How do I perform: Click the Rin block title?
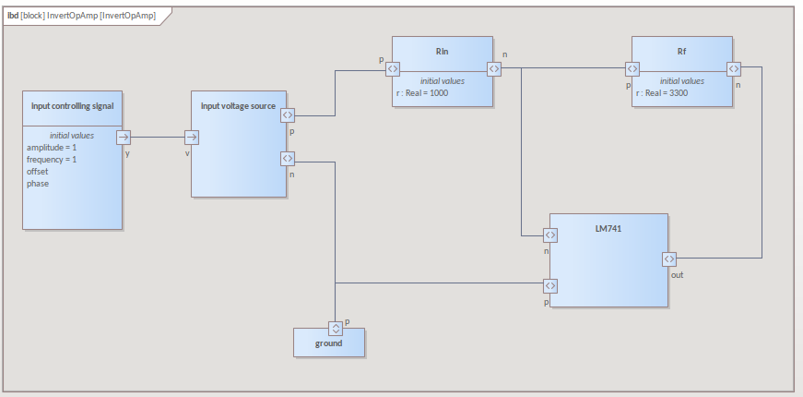(x=442, y=52)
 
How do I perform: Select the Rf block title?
(x=681, y=52)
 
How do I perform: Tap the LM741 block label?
(x=608, y=227)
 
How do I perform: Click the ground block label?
(x=328, y=343)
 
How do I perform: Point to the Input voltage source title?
(x=239, y=105)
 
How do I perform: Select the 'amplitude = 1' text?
(x=52, y=148)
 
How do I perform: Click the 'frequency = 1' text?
(x=52, y=160)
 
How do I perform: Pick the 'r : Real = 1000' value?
(x=422, y=93)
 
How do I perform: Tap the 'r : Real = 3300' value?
(x=662, y=93)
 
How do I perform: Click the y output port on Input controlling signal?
(x=124, y=138)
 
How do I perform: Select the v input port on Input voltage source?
(x=191, y=138)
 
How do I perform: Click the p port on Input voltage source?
(x=287, y=115)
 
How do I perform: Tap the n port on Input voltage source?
(x=287, y=160)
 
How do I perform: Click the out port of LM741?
(x=667, y=259)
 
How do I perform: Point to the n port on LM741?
(x=550, y=235)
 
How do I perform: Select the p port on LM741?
(x=550, y=285)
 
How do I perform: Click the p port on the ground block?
(x=335, y=328)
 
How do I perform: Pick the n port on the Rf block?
(x=734, y=68)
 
